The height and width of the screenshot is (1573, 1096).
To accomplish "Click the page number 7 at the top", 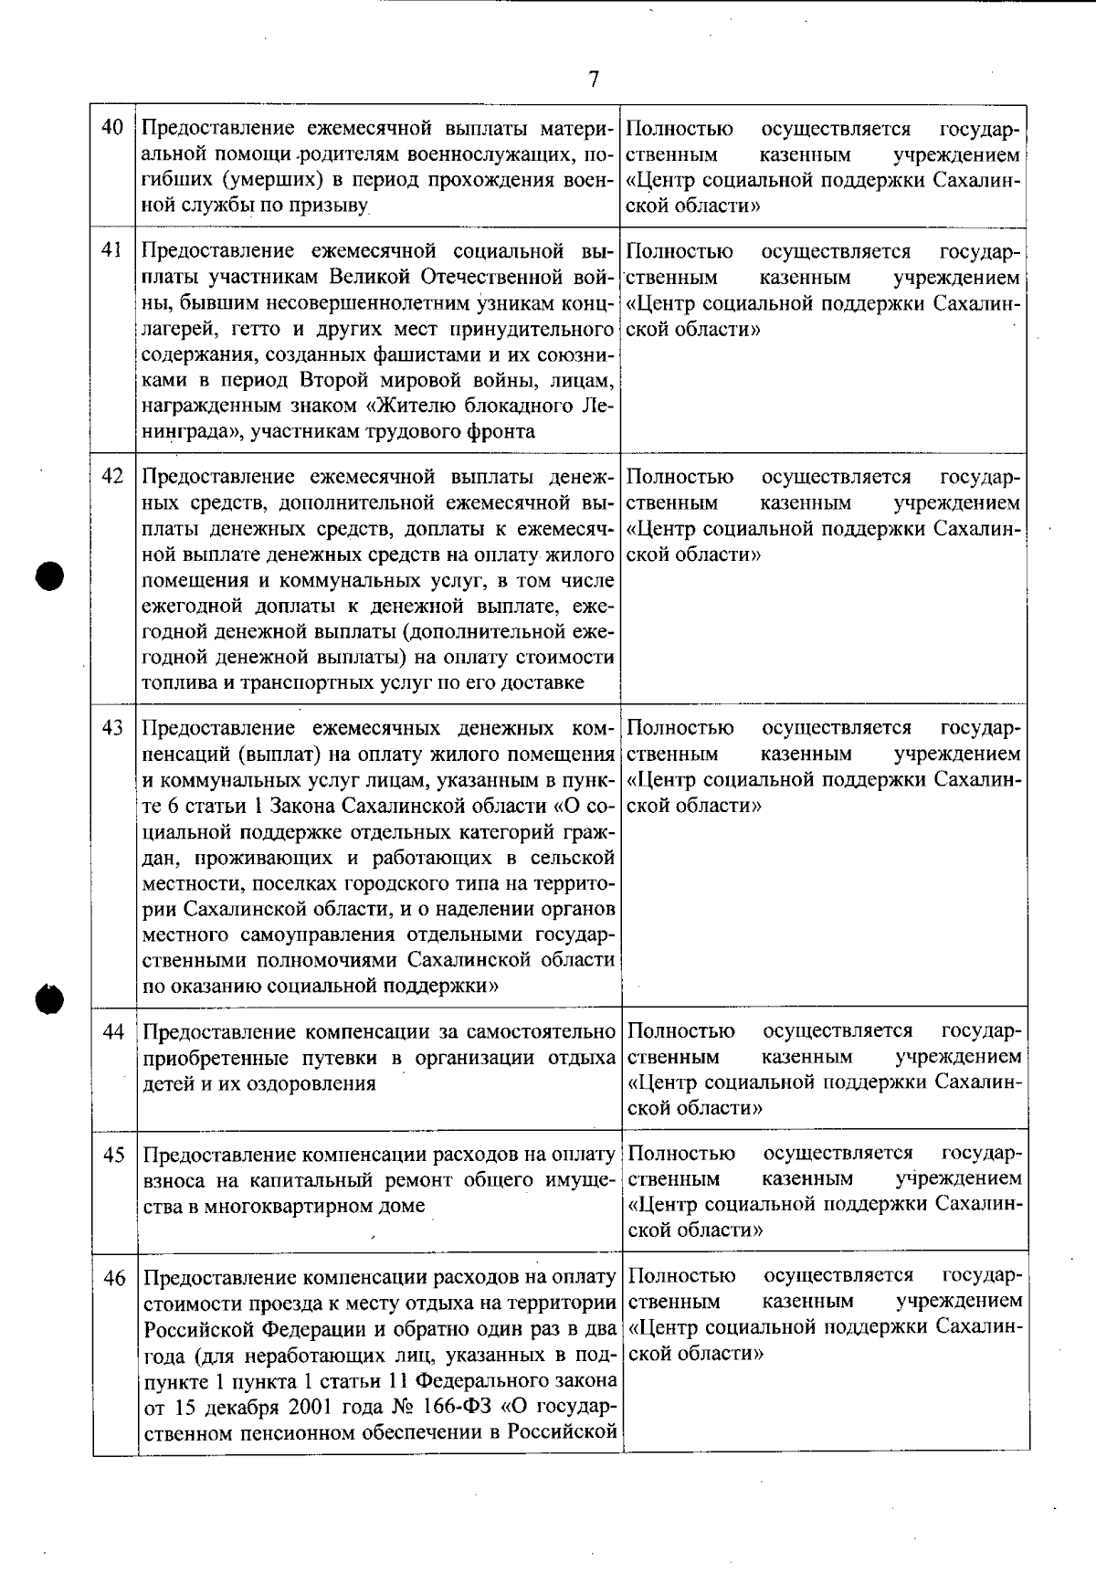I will click(x=594, y=80).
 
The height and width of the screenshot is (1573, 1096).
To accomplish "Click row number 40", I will click(x=112, y=128).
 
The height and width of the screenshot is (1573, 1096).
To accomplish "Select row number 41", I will click(x=112, y=250).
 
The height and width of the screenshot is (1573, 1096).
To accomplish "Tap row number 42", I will click(x=112, y=476).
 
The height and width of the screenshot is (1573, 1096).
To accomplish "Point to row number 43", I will click(x=112, y=728).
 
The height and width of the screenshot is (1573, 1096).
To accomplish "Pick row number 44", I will click(x=113, y=1031).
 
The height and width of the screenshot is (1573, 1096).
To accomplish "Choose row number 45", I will click(x=113, y=1155).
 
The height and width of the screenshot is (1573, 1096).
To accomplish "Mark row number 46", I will click(x=113, y=1277).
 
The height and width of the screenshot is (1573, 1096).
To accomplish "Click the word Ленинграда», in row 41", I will click(x=193, y=431).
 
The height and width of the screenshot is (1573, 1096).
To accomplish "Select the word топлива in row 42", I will click(x=176, y=682).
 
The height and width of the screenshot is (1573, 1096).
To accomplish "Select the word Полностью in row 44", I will click(x=680, y=1031).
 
